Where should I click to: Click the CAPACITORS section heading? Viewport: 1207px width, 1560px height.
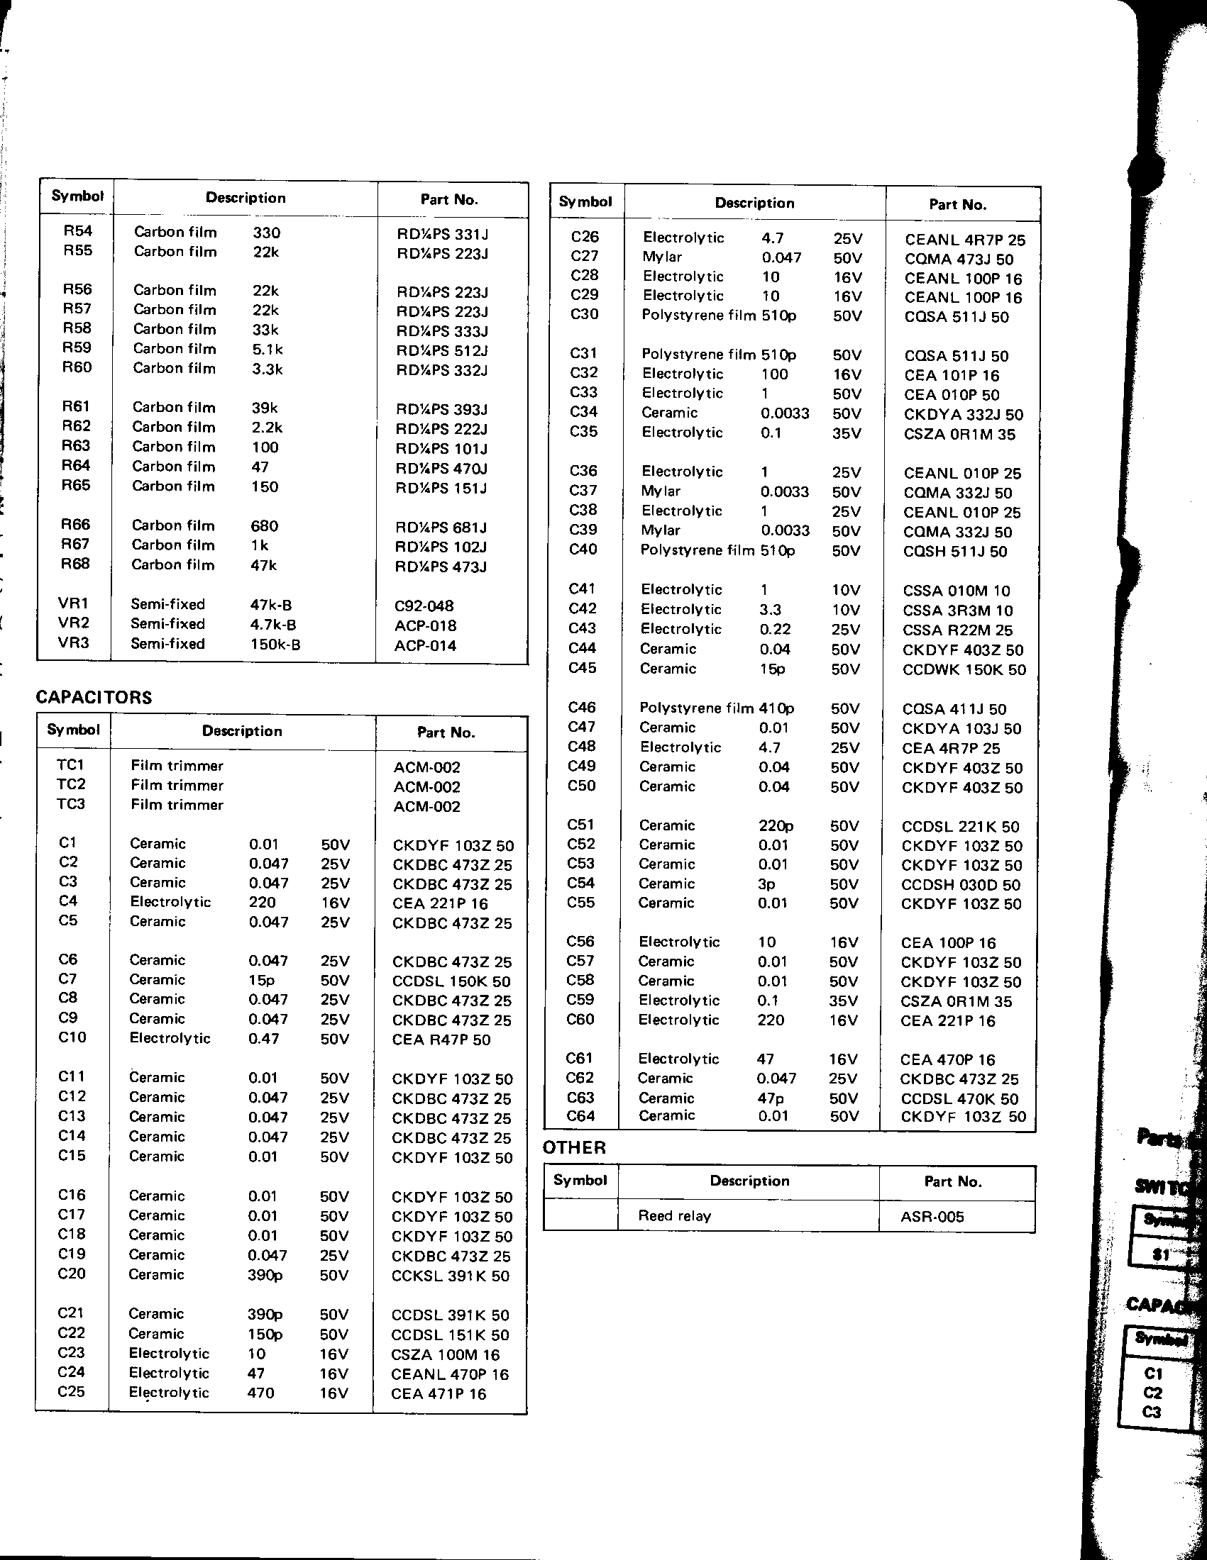coord(94,697)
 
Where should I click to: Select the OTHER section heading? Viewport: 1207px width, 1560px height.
coord(574,1147)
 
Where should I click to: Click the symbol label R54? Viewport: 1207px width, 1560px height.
coord(77,230)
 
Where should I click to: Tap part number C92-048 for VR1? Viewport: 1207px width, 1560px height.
coord(424,606)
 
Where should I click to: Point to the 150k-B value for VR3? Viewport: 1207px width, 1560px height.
coord(275,645)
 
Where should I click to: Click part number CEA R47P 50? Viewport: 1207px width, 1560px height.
coord(441,1040)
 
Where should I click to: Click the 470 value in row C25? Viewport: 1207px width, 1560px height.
coord(261,1393)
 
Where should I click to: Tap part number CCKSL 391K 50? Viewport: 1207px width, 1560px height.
coord(450,1276)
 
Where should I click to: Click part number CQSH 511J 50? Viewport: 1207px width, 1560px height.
coord(954,552)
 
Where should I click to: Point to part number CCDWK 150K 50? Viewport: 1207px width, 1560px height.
coord(964,669)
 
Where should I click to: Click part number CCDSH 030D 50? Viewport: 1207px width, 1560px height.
coord(961,884)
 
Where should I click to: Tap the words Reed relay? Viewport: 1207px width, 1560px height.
coord(674,1215)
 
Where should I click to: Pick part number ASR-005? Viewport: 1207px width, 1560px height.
coord(932,1216)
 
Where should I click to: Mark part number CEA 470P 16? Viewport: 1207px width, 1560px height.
coord(947,1060)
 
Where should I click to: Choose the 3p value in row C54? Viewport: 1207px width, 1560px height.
coord(766,884)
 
